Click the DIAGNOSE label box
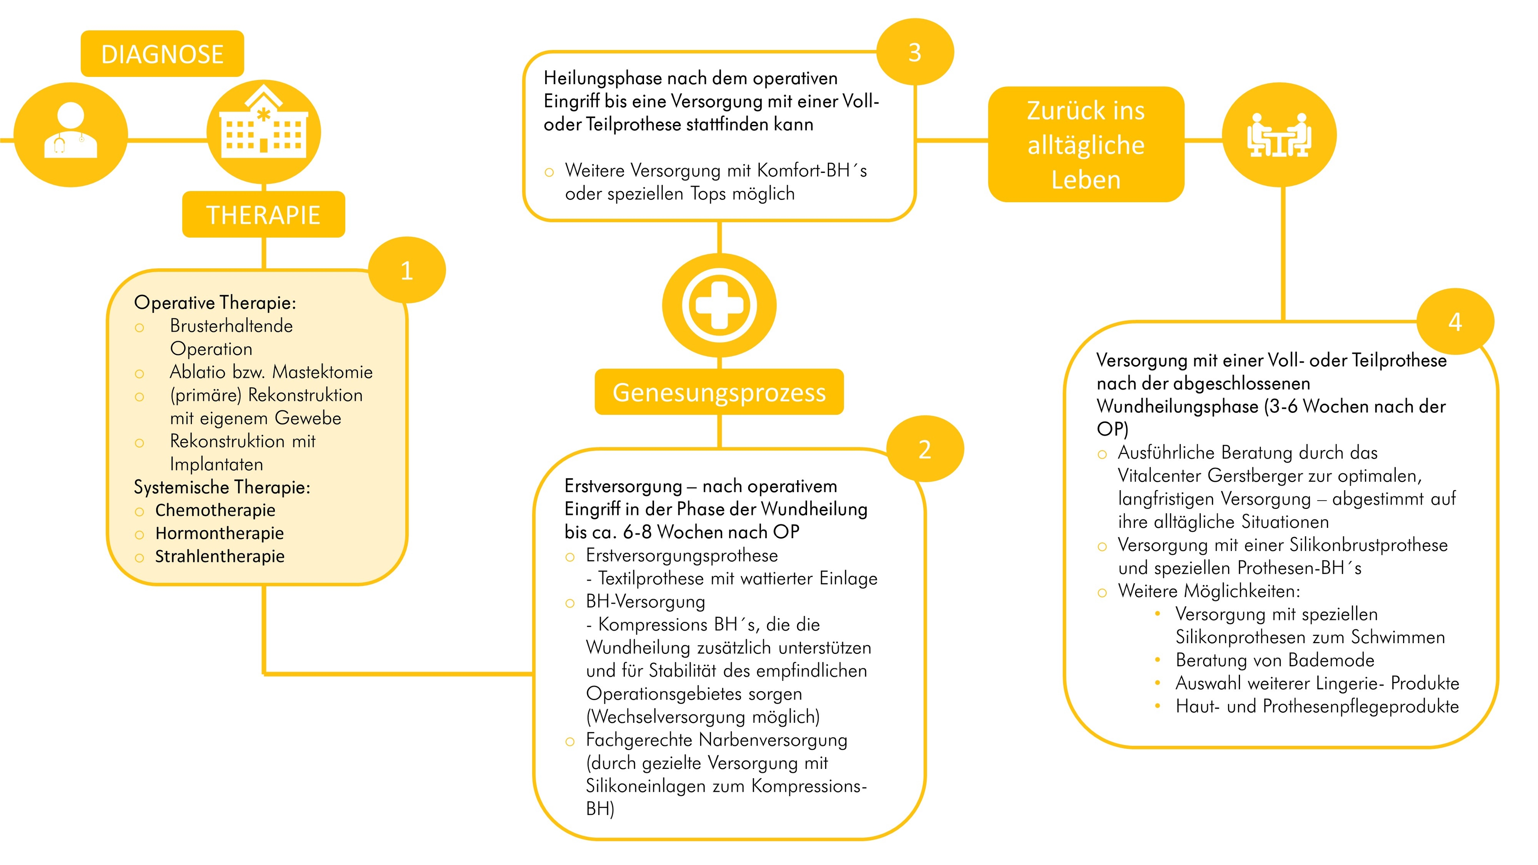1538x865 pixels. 162,54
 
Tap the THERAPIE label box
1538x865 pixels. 263,214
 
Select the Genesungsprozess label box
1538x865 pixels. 719,392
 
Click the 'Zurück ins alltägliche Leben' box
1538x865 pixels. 1085,145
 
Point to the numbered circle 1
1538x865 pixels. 407,270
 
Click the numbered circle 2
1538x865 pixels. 924,449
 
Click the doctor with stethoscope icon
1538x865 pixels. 70,134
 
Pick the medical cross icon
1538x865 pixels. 719,305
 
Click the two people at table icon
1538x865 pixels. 1279,135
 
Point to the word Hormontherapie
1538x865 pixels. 219,533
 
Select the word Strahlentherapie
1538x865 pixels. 220,556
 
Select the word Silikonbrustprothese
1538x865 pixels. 1369,545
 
